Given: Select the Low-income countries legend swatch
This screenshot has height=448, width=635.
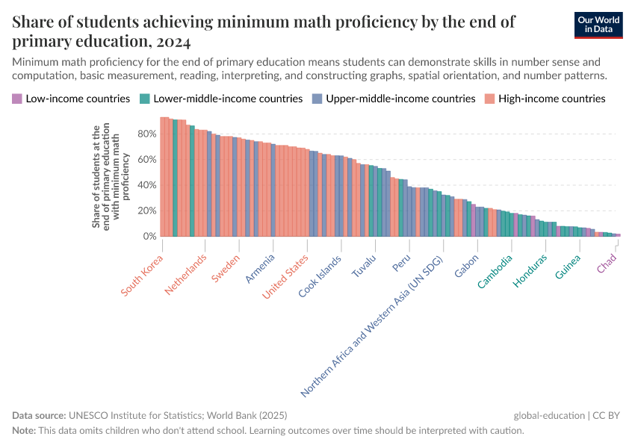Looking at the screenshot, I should coord(17,99).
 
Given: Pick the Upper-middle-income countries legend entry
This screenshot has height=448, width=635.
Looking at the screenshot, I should coord(400,99).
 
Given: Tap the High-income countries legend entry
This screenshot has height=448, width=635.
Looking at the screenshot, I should coord(551,99).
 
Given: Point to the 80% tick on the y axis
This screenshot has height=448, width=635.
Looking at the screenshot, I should coord(146,134).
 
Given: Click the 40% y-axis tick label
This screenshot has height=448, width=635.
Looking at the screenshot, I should coord(146,185).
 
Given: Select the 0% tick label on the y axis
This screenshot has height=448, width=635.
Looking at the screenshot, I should coord(149,236).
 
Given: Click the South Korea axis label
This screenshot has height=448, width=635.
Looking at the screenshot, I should coord(143,276).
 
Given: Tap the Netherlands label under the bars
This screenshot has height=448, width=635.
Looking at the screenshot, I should coord(185,275).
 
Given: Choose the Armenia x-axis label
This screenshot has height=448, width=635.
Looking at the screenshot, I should coord(261,269).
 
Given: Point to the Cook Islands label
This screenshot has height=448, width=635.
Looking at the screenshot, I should coord(320,276).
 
